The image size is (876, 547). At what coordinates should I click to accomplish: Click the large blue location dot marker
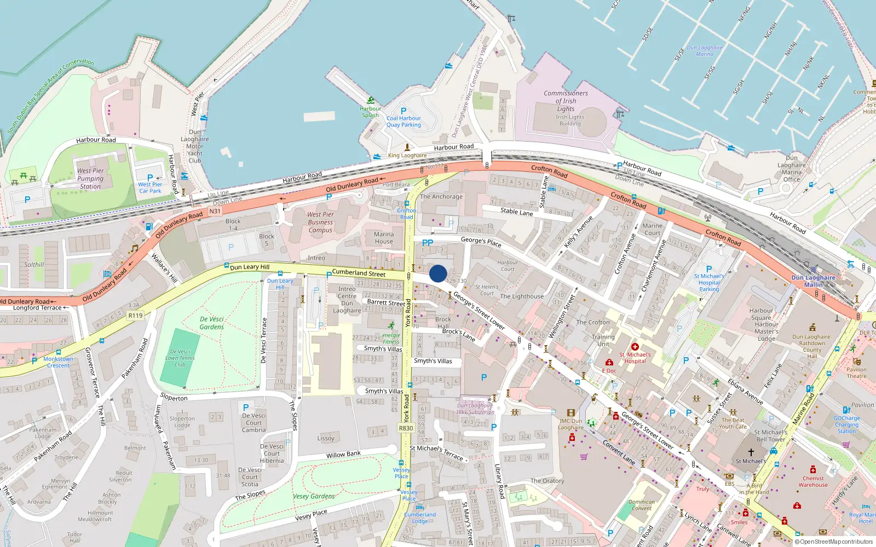click(x=438, y=273)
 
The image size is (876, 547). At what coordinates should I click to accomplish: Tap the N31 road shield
click(x=215, y=211)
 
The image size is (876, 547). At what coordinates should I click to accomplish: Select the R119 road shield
click(x=135, y=316)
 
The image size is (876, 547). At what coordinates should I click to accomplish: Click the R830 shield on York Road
click(x=406, y=428)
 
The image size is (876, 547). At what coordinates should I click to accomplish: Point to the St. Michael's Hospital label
click(x=635, y=358)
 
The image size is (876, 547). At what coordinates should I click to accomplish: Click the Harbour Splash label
click(x=370, y=112)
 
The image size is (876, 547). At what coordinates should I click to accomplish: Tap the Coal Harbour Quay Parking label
click(x=404, y=121)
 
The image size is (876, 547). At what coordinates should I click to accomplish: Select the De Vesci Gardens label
click(x=211, y=323)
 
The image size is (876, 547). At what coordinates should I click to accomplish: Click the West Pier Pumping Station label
click(x=90, y=178)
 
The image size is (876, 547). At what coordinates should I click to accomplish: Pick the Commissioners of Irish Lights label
click(x=566, y=101)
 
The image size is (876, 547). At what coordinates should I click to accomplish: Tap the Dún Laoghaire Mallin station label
click(x=813, y=281)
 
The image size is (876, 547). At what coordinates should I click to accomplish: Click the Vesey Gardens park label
click(x=314, y=497)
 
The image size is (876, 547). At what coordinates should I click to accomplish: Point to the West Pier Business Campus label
click(x=320, y=222)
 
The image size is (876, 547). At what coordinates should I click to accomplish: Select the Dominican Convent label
click(x=642, y=505)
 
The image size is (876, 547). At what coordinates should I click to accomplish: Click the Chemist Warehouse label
click(x=813, y=481)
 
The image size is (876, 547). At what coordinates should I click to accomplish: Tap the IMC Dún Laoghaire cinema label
click(x=570, y=424)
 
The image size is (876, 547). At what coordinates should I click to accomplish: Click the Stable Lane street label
click(x=516, y=212)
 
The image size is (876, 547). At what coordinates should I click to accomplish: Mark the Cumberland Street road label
click(x=359, y=272)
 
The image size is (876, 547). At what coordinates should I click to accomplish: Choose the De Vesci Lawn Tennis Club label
click(x=180, y=358)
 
